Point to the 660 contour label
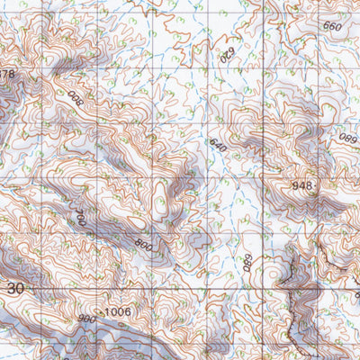tap(331, 26)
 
